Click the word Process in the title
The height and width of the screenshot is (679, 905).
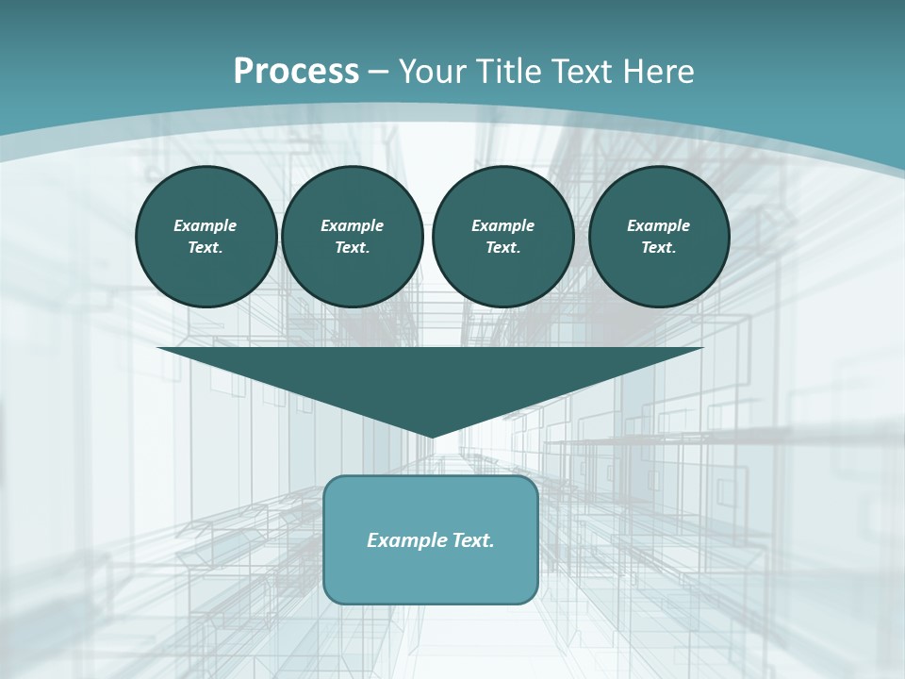[296, 72]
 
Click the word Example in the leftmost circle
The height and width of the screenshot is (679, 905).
[206, 225]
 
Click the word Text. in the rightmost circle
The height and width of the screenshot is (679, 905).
[659, 247]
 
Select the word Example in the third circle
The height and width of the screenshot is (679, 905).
[502, 225]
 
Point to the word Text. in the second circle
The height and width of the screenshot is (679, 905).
[352, 247]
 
